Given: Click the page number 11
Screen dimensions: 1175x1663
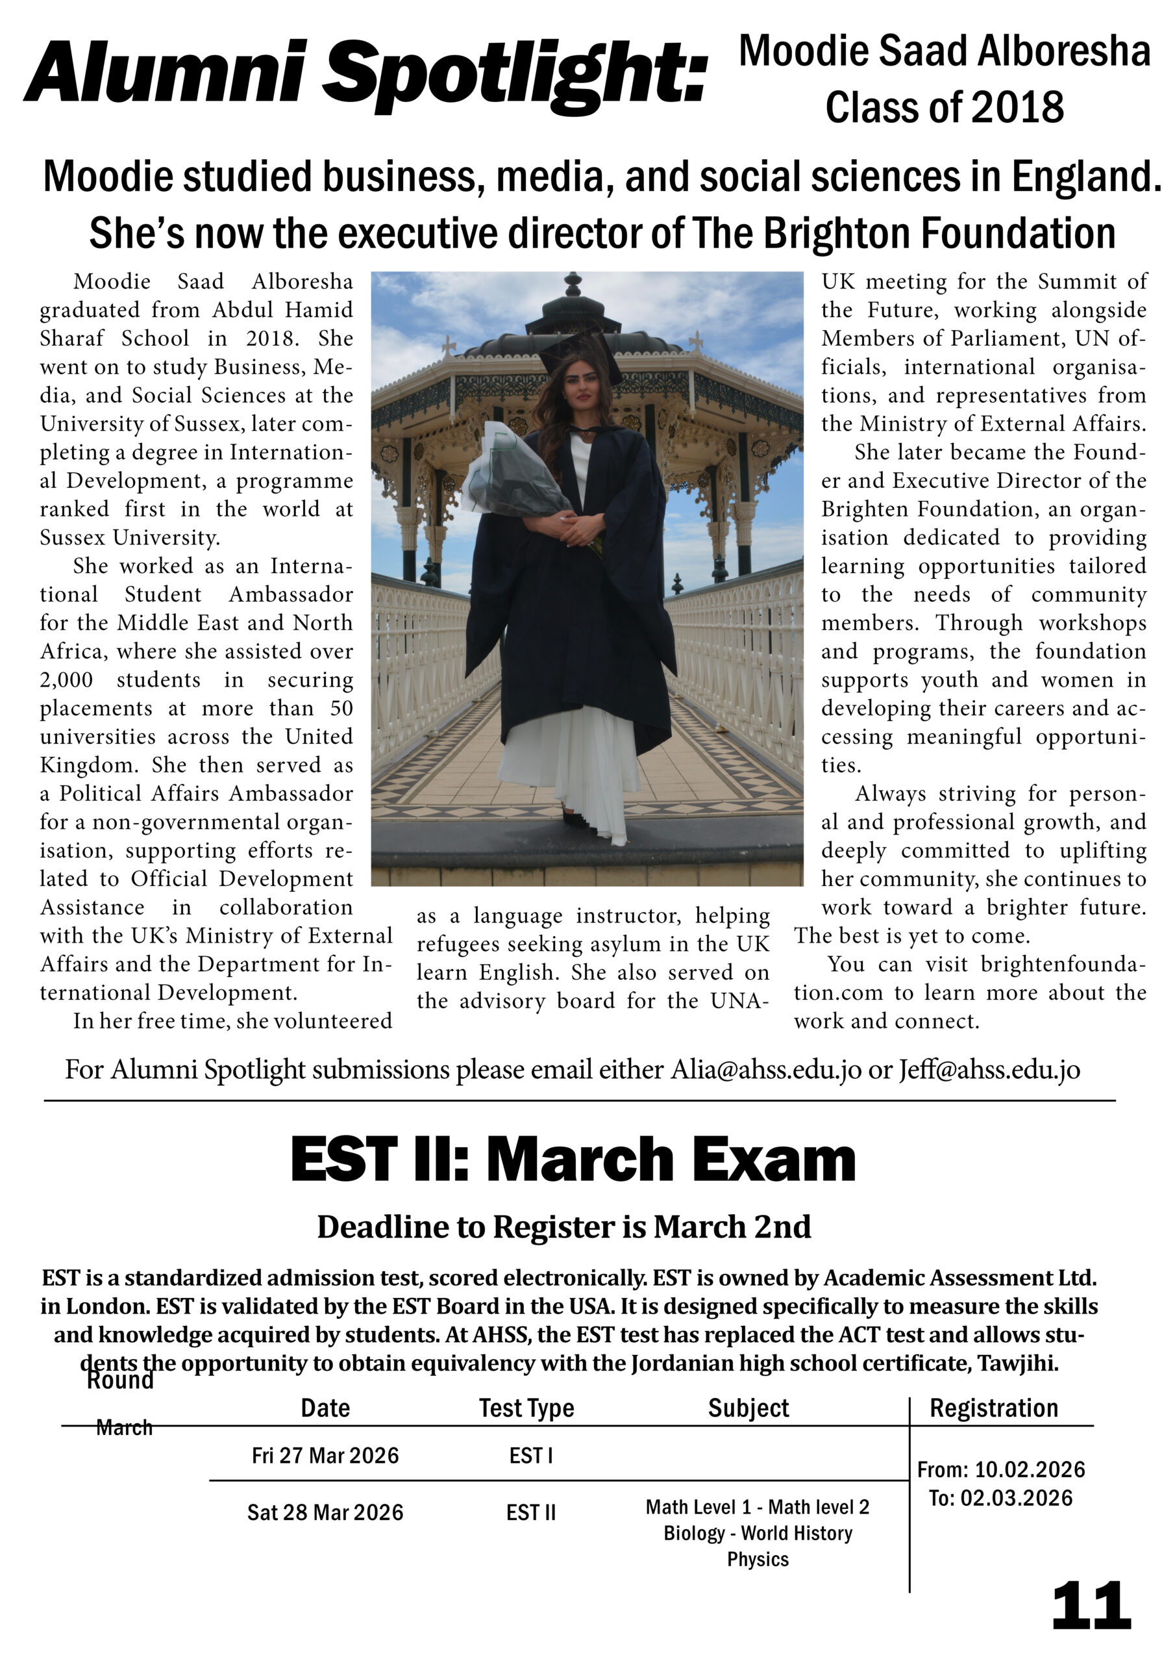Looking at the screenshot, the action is [x=1091, y=1605].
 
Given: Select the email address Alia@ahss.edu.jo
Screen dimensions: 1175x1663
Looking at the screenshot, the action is [x=766, y=1069].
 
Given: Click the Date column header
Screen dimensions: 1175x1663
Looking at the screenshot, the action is [x=325, y=1407].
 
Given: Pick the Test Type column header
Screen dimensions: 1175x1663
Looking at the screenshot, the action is [x=526, y=1407].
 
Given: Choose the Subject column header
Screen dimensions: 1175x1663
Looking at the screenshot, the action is [x=748, y=1407].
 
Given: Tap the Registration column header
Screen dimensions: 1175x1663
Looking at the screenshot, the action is [x=993, y=1407].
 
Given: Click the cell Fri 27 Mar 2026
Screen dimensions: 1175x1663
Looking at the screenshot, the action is [x=325, y=1455].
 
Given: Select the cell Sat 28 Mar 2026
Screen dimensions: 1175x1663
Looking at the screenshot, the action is [x=325, y=1512].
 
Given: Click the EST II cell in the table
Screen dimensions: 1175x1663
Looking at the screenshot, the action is [x=530, y=1512].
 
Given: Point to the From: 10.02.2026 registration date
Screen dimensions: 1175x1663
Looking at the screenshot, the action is [x=1000, y=1469].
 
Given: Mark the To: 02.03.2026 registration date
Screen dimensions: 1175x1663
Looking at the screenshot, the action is [x=1000, y=1498].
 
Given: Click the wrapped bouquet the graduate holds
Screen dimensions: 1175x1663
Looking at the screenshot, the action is [x=510, y=471].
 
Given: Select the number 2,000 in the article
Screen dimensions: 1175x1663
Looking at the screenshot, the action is [x=67, y=679].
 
